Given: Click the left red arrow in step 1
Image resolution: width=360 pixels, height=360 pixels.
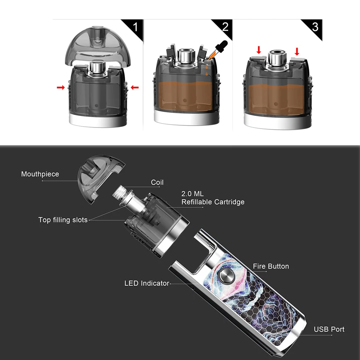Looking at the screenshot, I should pyautogui.click(x=60, y=87).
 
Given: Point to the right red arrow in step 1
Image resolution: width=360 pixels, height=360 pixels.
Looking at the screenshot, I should pyautogui.click(x=134, y=87).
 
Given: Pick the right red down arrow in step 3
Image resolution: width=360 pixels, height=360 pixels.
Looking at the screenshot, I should pyautogui.click(x=297, y=51).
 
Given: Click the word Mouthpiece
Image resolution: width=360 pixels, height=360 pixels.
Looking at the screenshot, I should pyautogui.click(x=40, y=174).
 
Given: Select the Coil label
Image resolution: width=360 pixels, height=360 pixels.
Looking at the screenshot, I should pyautogui.click(x=157, y=183).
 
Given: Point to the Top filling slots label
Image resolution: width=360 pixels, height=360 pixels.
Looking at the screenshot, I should pyautogui.click(x=63, y=220).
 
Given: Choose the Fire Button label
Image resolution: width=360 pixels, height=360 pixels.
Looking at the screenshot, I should pyautogui.click(x=271, y=266).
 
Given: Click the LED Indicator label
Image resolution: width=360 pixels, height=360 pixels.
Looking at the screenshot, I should pyautogui.click(x=147, y=283).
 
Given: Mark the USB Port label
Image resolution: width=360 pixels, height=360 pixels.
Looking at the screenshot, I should pyautogui.click(x=329, y=329).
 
